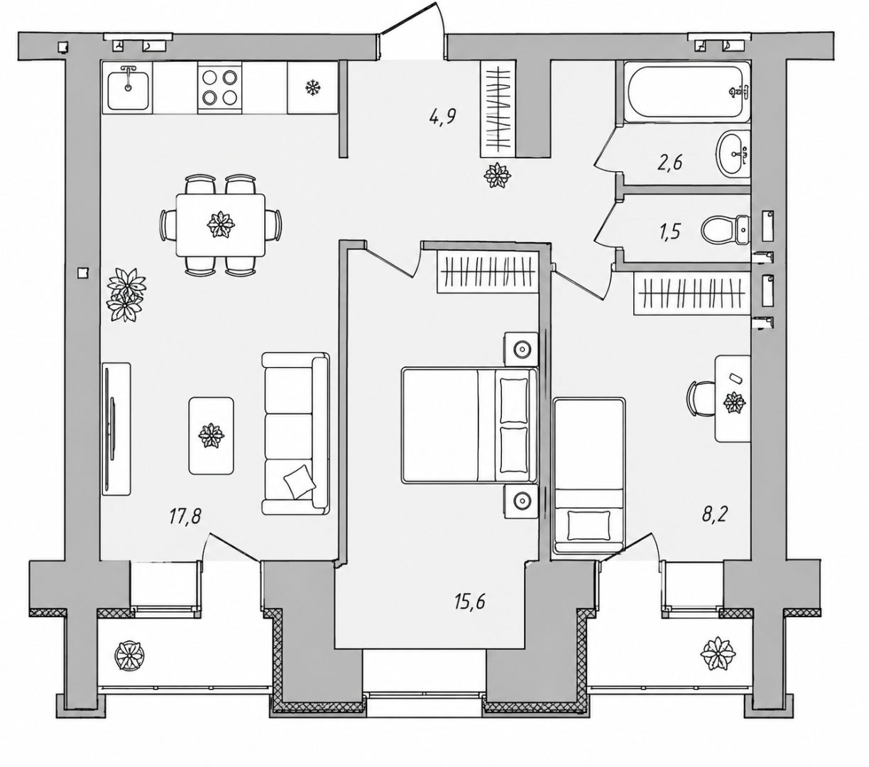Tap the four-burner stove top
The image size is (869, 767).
(x=219, y=87)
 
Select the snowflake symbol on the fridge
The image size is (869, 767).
(x=312, y=88)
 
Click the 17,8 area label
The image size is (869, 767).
(x=185, y=516)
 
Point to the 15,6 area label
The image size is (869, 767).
(x=470, y=602)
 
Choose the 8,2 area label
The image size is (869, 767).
(x=715, y=514)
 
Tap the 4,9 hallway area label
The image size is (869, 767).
(x=442, y=116)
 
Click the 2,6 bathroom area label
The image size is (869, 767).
(x=669, y=163)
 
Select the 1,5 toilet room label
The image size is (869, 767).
(x=669, y=232)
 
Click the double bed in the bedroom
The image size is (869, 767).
(x=469, y=425)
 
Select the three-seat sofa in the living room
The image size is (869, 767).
(x=295, y=433)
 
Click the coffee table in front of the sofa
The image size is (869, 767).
(x=212, y=435)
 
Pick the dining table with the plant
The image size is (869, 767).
(x=221, y=225)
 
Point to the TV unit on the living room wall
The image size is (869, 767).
(x=116, y=429)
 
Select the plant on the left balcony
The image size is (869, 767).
(x=129, y=656)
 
